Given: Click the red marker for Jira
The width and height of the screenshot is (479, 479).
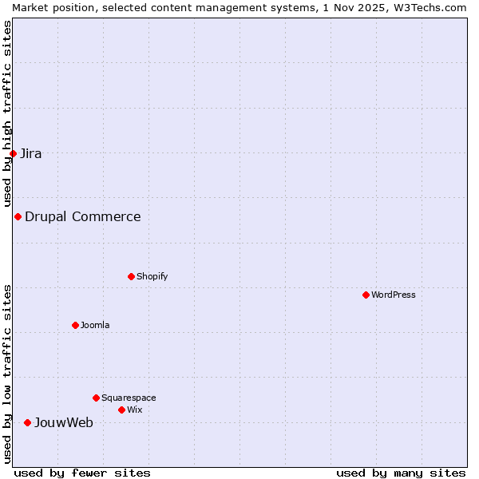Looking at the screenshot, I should pyautogui.click(x=13, y=153).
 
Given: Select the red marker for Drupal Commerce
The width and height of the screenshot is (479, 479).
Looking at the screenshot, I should pyautogui.click(x=18, y=216).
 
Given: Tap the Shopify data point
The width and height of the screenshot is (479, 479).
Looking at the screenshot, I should pyautogui.click(x=131, y=276).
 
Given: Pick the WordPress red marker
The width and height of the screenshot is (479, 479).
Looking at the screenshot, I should pyautogui.click(x=366, y=295).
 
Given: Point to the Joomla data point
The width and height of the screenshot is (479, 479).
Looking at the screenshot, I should pyautogui.click(x=75, y=325).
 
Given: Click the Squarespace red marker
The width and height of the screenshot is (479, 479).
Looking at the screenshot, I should pyautogui.click(x=96, y=398).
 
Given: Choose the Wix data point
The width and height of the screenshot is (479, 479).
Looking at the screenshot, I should pyautogui.click(x=121, y=410).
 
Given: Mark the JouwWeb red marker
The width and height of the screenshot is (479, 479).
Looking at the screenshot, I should pyautogui.click(x=27, y=422).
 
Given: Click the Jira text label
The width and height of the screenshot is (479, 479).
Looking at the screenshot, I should pyautogui.click(x=31, y=153).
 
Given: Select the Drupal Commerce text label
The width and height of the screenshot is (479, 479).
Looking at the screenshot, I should pyautogui.click(x=83, y=216).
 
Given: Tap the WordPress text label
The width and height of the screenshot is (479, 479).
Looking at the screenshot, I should pyautogui.click(x=394, y=295).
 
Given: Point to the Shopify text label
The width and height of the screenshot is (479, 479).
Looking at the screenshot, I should pyautogui.click(x=152, y=276).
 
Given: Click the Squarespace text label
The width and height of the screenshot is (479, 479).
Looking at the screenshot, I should pyautogui.click(x=129, y=398).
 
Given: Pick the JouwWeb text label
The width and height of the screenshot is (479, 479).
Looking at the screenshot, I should pyautogui.click(x=64, y=422).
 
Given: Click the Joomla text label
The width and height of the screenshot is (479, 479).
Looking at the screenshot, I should pyautogui.click(x=95, y=325).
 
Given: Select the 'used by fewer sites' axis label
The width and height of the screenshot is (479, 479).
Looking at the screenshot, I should pyautogui.click(x=82, y=473).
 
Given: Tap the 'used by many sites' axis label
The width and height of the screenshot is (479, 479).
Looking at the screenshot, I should pyautogui.click(x=401, y=473).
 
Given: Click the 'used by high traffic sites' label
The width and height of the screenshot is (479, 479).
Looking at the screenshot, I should pyautogui.click(x=7, y=113).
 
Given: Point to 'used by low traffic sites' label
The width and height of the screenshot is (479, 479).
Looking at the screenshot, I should pyautogui.click(x=7, y=373).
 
